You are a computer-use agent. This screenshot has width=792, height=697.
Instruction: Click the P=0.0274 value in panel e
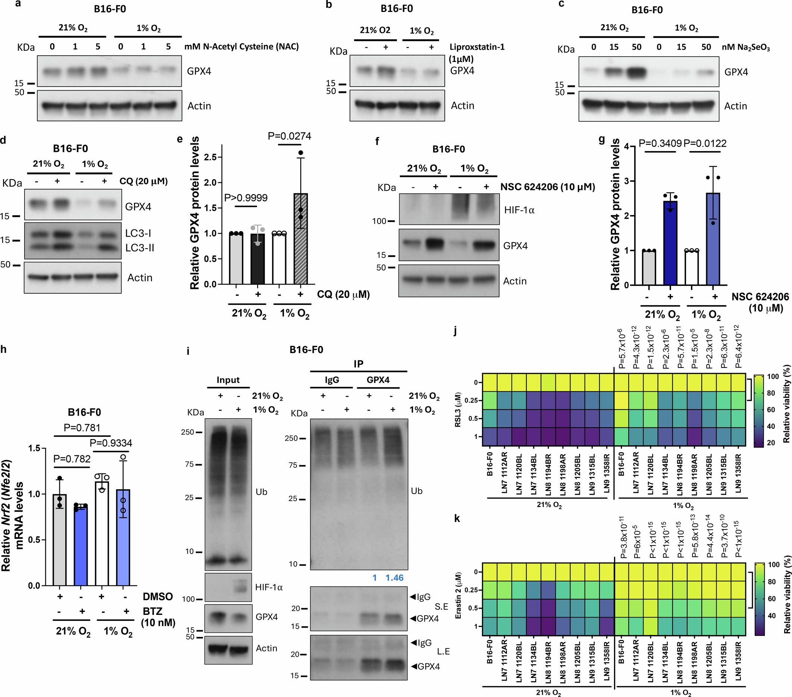289,137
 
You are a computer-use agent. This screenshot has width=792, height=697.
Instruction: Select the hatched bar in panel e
300,239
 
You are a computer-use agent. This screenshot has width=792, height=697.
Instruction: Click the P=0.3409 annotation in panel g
660,143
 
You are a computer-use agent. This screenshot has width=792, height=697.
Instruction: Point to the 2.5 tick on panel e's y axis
211,157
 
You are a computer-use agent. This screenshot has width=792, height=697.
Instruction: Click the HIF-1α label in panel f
519,210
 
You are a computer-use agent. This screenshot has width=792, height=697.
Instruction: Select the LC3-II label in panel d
140,248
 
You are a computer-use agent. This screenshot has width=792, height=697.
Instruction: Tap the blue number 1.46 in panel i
394,578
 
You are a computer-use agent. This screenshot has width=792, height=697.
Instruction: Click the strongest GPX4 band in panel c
636,72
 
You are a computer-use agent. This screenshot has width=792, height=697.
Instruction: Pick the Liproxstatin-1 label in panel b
477,47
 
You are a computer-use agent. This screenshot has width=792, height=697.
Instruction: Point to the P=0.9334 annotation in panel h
111,443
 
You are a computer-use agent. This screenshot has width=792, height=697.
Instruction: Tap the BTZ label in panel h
152,611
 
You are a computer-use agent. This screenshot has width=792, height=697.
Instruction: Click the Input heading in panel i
228,380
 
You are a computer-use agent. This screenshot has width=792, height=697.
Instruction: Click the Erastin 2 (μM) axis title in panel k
458,595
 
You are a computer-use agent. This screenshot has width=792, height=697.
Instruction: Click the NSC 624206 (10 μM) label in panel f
548,187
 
